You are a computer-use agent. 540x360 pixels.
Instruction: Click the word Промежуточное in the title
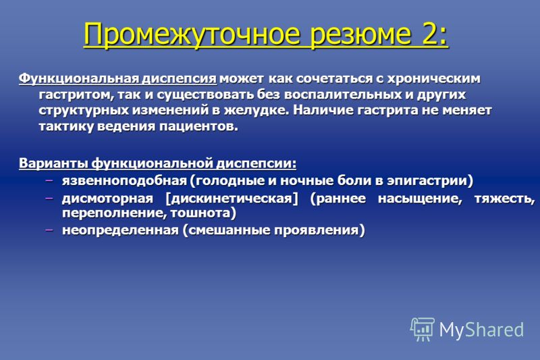[192, 34]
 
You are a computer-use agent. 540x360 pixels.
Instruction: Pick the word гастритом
[76, 95]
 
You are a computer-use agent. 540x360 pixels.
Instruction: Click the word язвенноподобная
[124, 180]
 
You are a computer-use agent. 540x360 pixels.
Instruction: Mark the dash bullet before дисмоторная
[49, 198]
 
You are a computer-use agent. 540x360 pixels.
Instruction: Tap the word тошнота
[200, 213]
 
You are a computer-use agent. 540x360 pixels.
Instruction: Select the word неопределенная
[121, 230]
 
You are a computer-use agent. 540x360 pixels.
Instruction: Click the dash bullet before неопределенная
[49, 230]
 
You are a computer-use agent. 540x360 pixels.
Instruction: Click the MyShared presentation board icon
[422, 330]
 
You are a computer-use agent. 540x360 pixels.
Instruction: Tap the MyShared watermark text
[481, 330]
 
